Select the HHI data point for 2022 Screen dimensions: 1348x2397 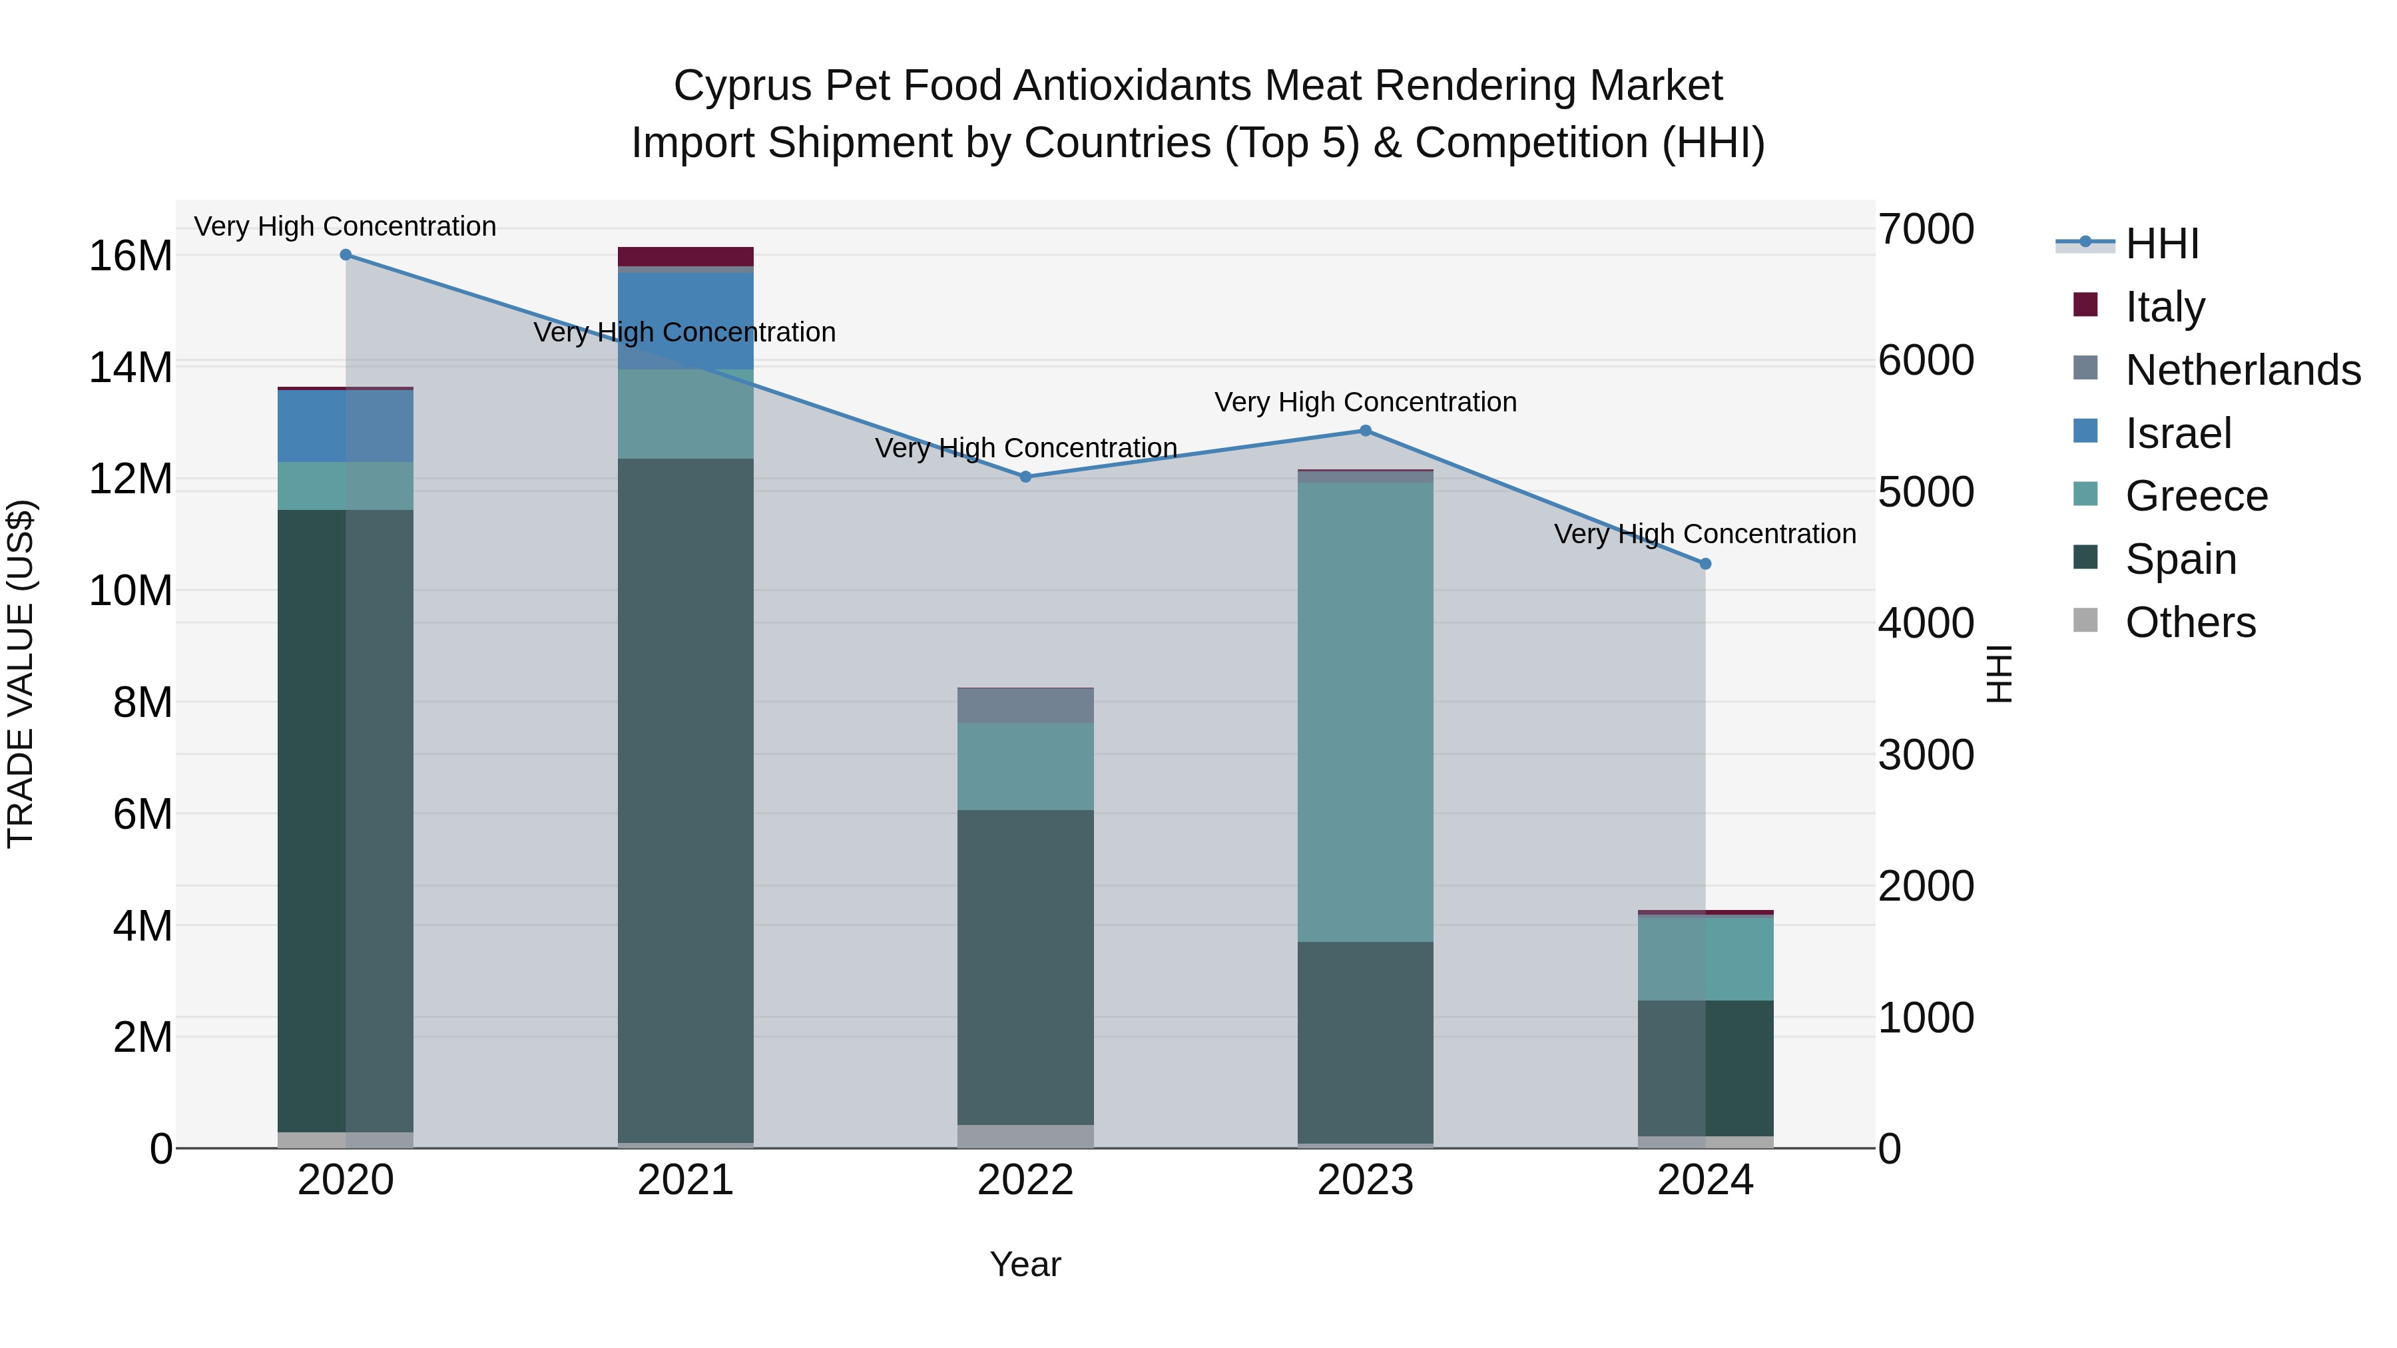[1025, 477]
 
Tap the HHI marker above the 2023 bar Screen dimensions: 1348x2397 [1365, 431]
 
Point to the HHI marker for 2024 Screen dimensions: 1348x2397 [1705, 564]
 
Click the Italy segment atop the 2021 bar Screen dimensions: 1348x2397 [685, 257]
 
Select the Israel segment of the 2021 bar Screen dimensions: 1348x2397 [685, 320]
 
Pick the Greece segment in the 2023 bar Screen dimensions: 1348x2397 [1365, 712]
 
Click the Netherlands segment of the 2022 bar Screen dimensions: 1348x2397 [1025, 705]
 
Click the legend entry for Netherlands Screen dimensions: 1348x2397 [2243, 369]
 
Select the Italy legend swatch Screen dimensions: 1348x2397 [2085, 305]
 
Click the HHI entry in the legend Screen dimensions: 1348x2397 [2161, 244]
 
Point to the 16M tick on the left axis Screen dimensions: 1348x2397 [131, 256]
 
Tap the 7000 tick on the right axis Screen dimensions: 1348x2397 [1924, 229]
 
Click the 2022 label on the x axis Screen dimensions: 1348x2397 [1025, 1180]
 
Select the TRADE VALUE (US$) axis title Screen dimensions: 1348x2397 [21, 674]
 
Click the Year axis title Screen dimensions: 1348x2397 [1025, 1264]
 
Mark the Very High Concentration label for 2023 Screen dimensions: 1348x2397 [1365, 402]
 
